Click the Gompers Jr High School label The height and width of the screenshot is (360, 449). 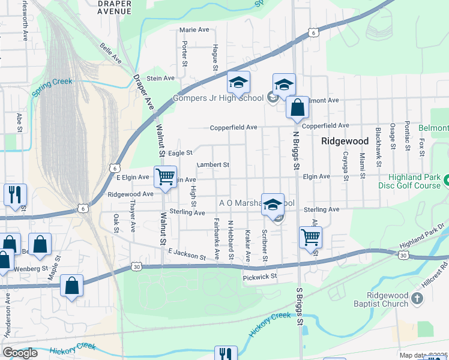218,98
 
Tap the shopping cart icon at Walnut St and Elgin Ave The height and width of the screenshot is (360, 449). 165,177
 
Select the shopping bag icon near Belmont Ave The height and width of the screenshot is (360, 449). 297,108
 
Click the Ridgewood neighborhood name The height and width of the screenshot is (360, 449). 345,142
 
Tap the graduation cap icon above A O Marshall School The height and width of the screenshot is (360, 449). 273,205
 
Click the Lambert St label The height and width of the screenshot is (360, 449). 213,164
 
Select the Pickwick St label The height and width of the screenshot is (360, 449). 259,277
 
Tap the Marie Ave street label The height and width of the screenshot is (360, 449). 194,29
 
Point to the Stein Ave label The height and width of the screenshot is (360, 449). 160,78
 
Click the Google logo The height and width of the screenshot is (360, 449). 20,353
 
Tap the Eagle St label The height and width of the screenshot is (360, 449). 179,153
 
